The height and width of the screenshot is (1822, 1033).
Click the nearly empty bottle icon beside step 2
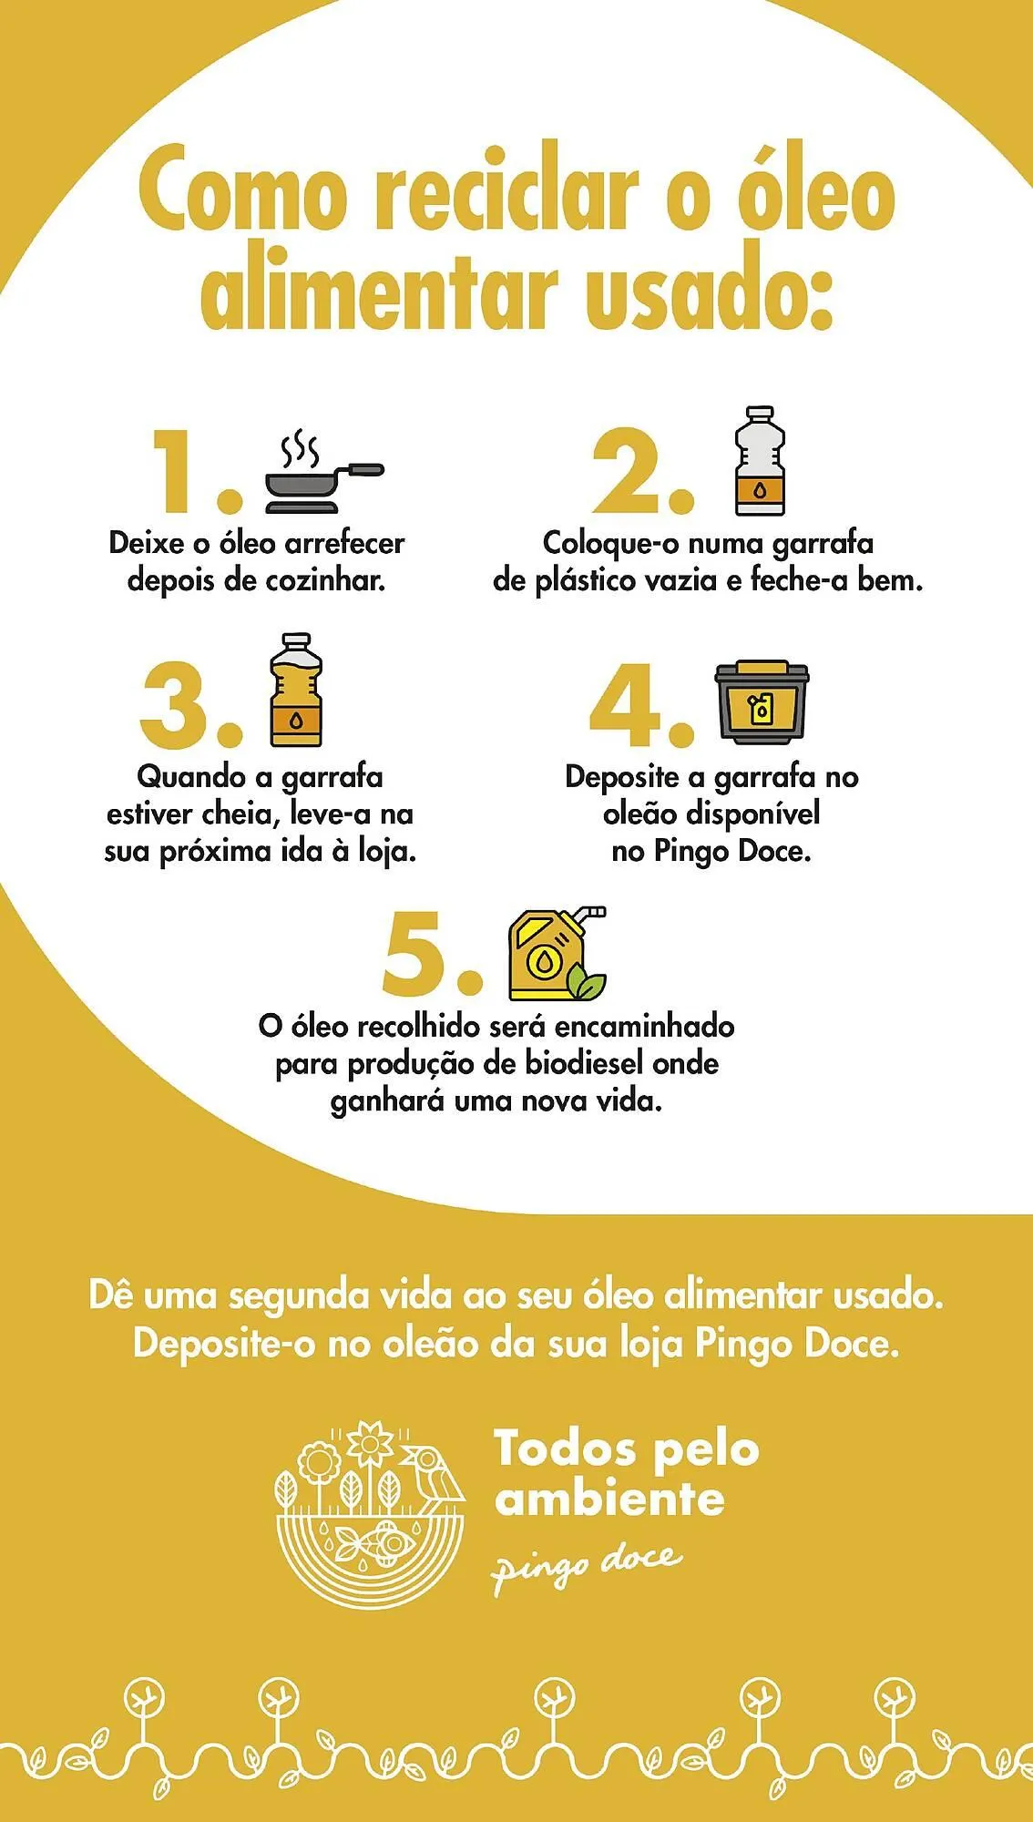pos(760,461)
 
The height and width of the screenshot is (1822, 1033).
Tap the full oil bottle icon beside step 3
pos(296,690)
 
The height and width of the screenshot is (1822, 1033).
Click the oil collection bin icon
pos(762,702)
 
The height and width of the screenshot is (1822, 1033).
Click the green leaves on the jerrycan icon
pos(587,983)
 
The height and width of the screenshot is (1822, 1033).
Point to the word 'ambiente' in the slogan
pos(609,1499)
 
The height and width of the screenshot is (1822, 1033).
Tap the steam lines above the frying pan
pos(300,448)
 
